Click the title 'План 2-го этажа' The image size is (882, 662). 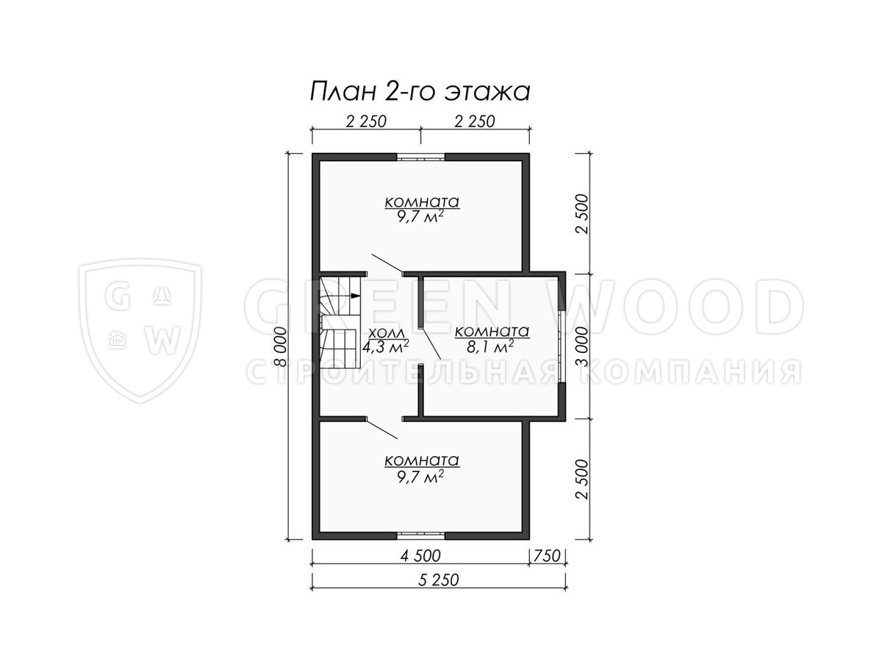[x=420, y=92]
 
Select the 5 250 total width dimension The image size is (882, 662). [x=438, y=580]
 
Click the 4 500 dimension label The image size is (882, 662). [x=420, y=556]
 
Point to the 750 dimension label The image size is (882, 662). [x=547, y=556]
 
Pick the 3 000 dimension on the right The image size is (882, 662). [x=581, y=346]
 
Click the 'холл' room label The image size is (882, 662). [x=387, y=333]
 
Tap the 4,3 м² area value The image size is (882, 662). [x=385, y=346]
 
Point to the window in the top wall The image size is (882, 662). [x=420, y=157]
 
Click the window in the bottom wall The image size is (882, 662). [x=420, y=535]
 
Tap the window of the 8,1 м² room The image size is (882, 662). [x=562, y=346]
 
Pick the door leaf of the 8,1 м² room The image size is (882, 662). [x=431, y=344]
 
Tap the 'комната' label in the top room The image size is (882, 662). [x=421, y=202]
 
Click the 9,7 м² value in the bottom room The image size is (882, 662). [x=420, y=477]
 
